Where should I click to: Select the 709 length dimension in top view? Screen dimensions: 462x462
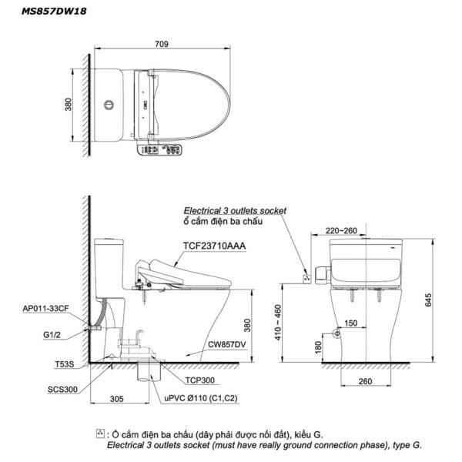click(162, 44)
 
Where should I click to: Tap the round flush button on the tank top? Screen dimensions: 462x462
click(108, 103)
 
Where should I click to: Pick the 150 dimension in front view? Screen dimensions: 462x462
click(350, 324)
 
